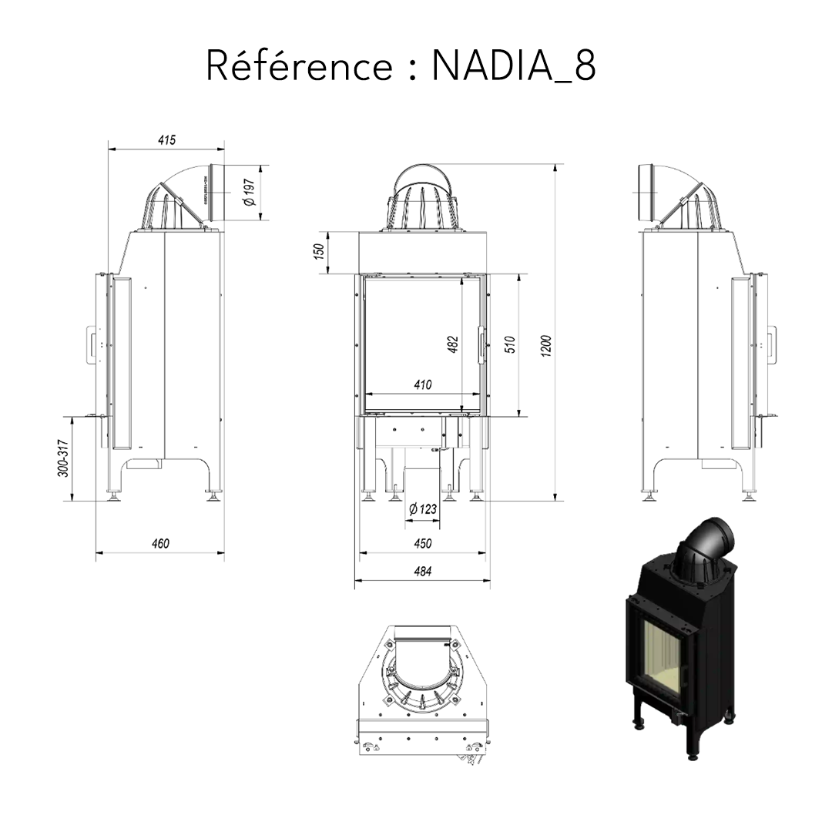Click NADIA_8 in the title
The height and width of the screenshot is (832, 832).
coord(513,67)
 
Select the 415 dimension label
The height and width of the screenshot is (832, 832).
coord(166,140)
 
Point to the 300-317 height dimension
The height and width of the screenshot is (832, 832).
coord(65,458)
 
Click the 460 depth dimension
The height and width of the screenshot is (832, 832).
coord(159,543)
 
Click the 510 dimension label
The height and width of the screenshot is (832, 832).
coord(509,344)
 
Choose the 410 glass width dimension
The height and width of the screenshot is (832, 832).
coord(422,384)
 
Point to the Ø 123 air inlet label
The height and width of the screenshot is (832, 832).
coord(422,508)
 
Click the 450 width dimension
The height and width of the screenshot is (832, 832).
coord(422,543)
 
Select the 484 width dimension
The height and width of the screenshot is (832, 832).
coord(422,571)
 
